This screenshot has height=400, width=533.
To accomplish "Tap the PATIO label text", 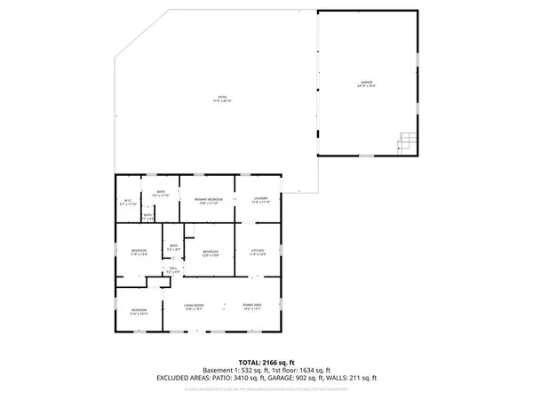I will click(221, 99).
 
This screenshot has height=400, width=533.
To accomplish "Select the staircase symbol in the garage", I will click(406, 140).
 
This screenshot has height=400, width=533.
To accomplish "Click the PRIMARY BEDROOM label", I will click(207, 201).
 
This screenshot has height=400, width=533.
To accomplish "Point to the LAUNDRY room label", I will click(260, 200).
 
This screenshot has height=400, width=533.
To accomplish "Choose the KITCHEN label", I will click(258, 252).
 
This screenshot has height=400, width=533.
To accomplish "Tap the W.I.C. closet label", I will click(128, 202).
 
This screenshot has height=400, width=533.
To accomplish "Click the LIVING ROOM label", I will click(195, 308).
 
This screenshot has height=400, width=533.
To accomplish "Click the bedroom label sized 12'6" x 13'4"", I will click(210, 253).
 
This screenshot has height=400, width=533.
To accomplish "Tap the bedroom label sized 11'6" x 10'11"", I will click(139, 311).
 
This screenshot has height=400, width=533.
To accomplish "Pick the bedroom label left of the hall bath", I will click(139, 252).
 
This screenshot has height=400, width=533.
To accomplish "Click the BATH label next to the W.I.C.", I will click(161, 193).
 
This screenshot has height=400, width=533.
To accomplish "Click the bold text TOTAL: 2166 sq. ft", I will click(266, 363).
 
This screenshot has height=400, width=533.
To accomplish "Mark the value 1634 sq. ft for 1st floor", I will click(314, 370).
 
